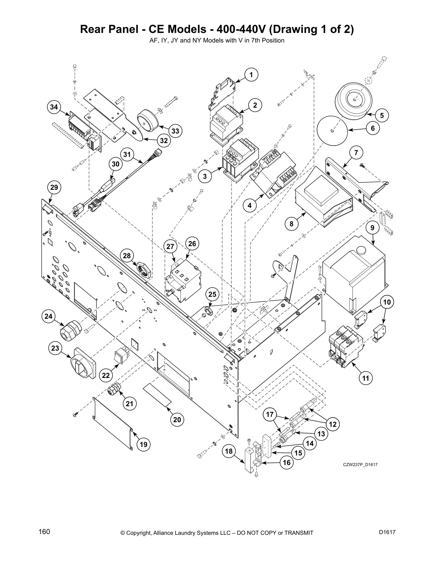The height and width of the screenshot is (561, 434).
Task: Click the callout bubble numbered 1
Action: pos(251,75)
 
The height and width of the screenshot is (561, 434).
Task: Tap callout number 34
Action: pos(54,107)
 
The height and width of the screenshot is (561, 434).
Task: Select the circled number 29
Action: pos(54,187)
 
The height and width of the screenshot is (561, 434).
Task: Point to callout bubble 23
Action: pos(55,348)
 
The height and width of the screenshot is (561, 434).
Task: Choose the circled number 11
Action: pos(366,378)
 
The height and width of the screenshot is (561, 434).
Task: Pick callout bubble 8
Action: pos(292,223)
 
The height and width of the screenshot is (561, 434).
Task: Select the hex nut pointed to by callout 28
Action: pos(144,270)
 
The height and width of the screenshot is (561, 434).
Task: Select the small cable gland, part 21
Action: pos(115,390)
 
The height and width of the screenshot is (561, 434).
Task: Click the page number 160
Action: pos(44,532)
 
